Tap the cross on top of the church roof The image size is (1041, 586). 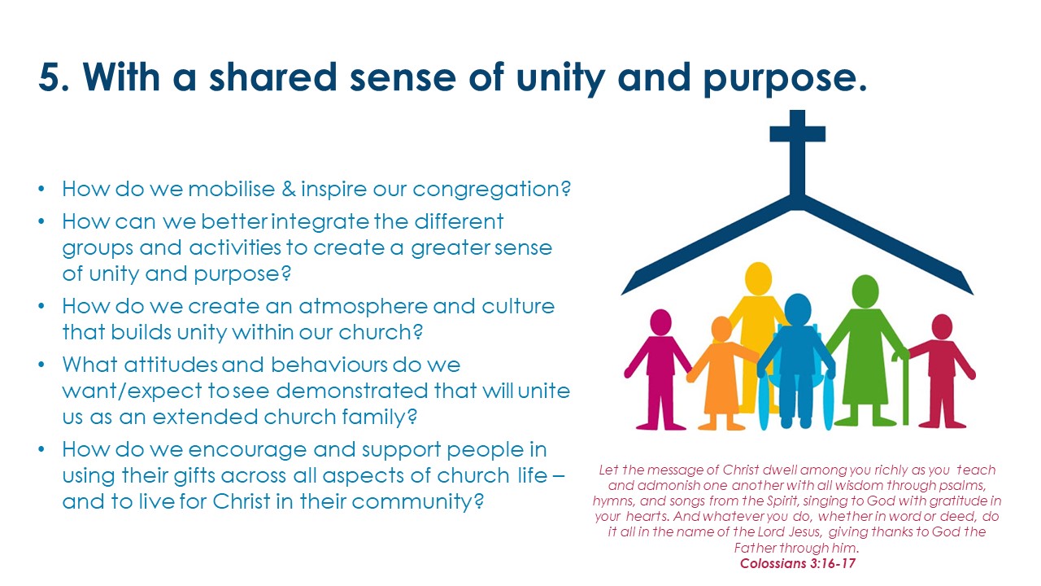click(798, 154)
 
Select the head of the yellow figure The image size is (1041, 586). click(759, 278)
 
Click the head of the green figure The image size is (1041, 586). click(865, 291)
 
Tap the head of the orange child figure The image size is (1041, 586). click(721, 329)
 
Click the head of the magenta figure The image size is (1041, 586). click(660, 322)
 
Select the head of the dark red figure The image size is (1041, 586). click(942, 326)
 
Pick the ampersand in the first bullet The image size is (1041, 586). click(289, 189)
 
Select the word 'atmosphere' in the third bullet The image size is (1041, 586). click(363, 308)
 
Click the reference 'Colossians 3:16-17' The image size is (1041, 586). click(798, 563)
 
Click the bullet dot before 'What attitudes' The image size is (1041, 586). click(41, 365)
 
